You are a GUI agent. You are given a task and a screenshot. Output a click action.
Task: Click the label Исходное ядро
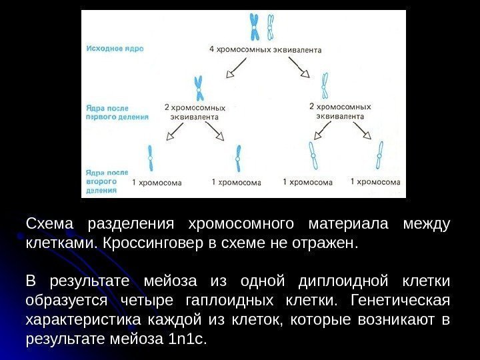[114, 48]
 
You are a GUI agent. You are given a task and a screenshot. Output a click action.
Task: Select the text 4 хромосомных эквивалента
[265, 49]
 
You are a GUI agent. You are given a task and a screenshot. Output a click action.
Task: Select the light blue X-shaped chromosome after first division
[325, 85]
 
